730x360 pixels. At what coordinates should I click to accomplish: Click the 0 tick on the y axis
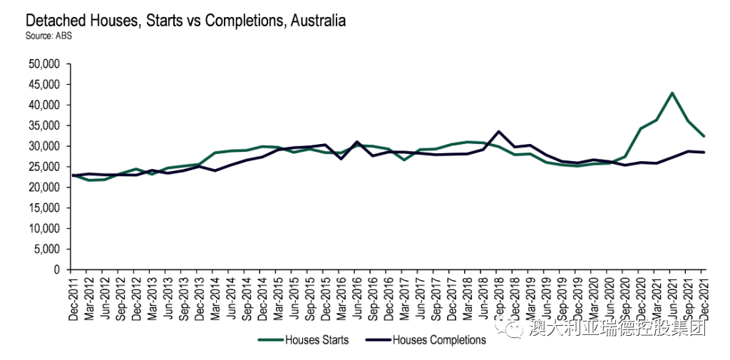point(58,270)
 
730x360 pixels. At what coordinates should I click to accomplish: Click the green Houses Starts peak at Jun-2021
point(672,93)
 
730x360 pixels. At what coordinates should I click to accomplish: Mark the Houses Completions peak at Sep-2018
point(498,132)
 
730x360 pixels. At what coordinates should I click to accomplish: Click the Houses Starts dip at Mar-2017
point(403,160)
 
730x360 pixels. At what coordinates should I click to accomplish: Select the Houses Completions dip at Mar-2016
point(341,158)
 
